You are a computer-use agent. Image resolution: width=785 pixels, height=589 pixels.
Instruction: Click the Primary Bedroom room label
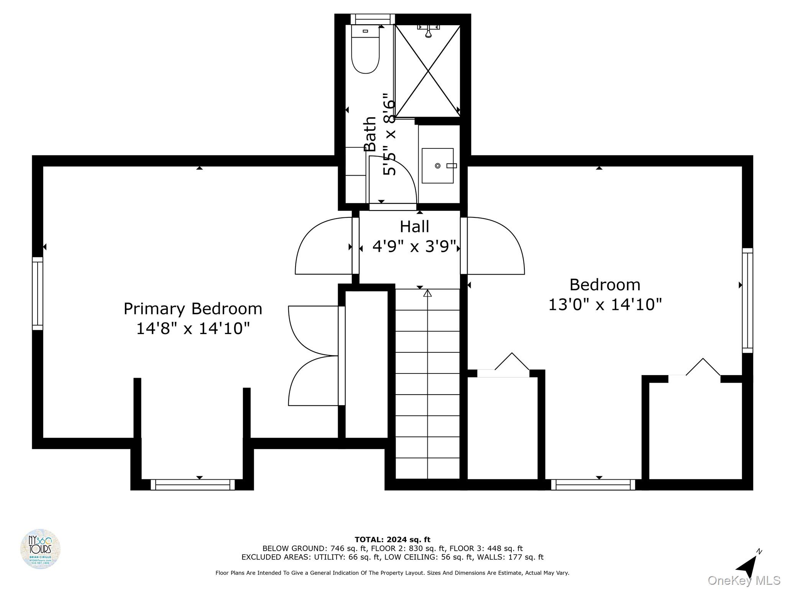coord(193,309)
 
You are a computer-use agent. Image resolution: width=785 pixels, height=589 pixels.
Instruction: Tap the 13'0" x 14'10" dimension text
coord(605,305)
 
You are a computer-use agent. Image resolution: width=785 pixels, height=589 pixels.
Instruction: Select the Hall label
coord(414,227)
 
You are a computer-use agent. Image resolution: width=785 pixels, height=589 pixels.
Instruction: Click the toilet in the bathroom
coord(365,50)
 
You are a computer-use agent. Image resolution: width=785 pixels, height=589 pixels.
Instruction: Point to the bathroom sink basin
coord(437,166)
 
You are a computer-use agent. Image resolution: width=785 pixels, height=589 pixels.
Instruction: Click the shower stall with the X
coord(427,71)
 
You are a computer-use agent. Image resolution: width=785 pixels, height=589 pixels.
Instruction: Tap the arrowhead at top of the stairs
coord(427,293)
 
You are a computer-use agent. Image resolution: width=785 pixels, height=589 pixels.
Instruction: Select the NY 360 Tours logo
coord(40,549)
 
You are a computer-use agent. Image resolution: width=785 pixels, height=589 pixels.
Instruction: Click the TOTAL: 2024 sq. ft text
coord(392,540)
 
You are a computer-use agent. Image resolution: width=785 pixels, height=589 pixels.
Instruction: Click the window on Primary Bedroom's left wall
coord(38,293)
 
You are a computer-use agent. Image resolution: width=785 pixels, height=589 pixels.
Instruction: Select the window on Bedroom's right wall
coord(747,300)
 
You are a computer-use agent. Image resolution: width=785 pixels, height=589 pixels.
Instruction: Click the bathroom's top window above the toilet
coord(373,19)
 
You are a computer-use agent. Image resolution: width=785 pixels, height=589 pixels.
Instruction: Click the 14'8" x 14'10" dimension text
coord(193,329)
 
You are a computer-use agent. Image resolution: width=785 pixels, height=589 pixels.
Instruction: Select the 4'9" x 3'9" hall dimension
coord(414,247)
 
